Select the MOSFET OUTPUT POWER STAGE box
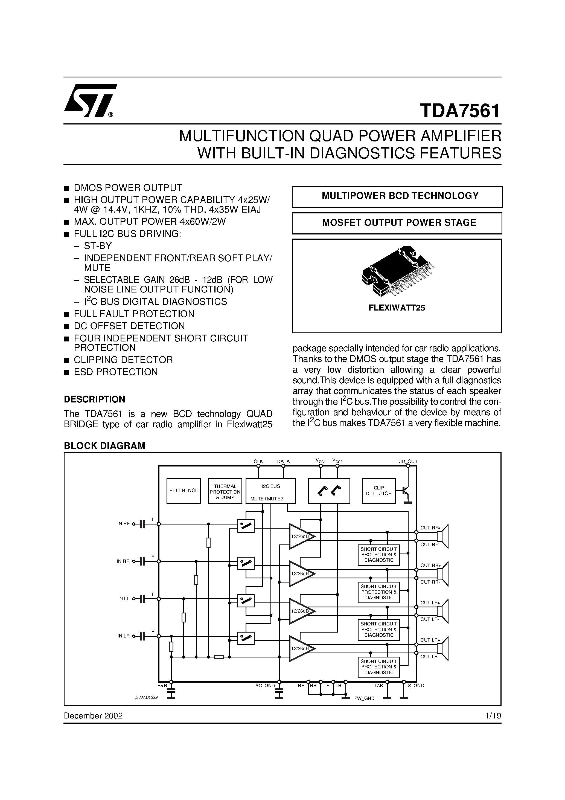[x=397, y=223]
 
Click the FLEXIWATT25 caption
[x=397, y=308]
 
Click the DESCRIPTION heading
[x=94, y=399]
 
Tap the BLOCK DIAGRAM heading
[x=104, y=446]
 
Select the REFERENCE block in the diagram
[x=184, y=491]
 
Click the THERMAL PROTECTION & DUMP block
[x=225, y=491]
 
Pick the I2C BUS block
[x=271, y=491]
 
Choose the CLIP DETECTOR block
[x=379, y=491]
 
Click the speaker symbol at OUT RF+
[x=443, y=536]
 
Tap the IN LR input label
[x=123, y=636]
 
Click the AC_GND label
[x=265, y=686]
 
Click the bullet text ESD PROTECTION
[x=116, y=372]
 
